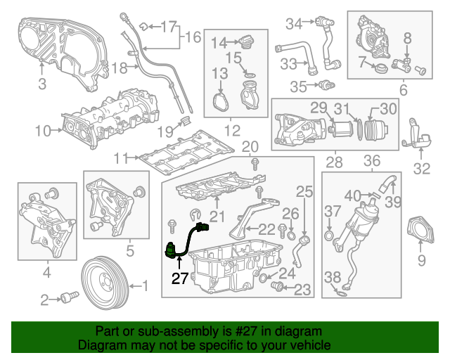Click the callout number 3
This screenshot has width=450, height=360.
coord(42,85)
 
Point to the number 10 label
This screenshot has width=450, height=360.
coord(43,130)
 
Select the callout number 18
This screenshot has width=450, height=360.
coord(120,68)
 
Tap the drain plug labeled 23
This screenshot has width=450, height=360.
coord(277,287)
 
